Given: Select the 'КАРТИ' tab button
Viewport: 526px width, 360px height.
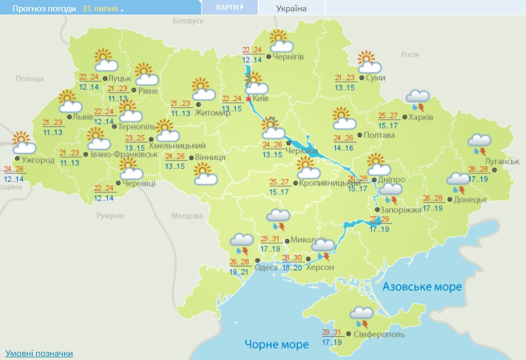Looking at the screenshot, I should point(229,8).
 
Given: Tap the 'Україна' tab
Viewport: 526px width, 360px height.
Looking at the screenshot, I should point(291,9).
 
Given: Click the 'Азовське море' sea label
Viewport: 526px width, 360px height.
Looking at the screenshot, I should point(422,286).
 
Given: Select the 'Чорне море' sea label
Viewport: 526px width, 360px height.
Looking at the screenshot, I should point(276,344).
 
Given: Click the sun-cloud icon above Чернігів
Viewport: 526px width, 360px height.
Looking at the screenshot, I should point(280,42).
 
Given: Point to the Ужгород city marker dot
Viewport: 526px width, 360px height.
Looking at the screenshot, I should point(18,159).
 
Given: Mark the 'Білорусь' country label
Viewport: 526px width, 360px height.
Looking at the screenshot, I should point(187,20).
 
